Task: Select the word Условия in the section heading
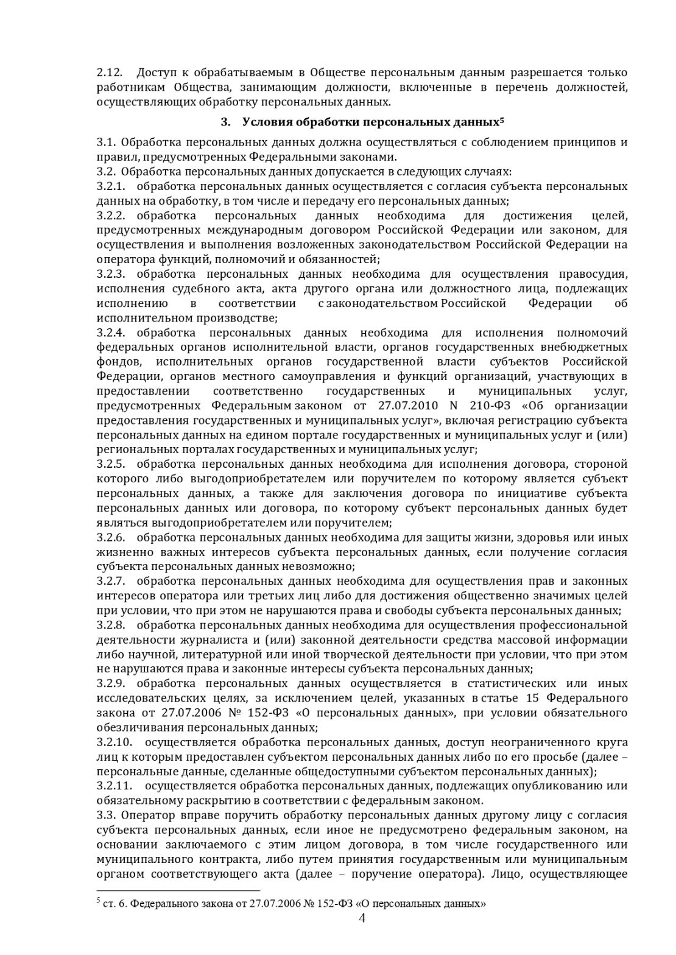[x=267, y=122]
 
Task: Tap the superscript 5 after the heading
[x=502, y=119]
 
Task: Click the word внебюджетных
[x=584, y=347]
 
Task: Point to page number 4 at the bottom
[x=362, y=919]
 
